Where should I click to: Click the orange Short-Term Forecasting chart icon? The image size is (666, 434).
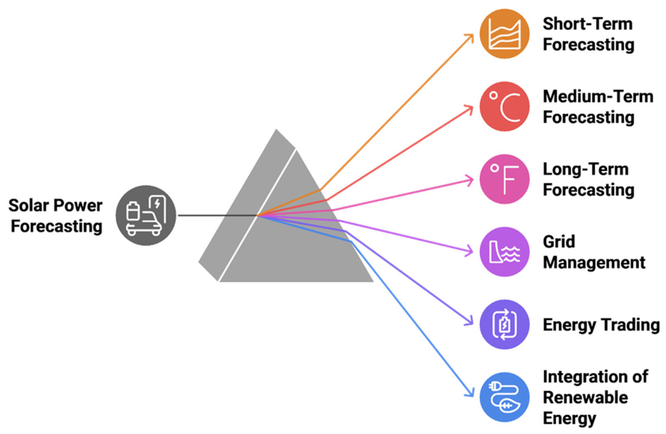tap(505, 34)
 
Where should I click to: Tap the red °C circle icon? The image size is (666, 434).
tap(505, 107)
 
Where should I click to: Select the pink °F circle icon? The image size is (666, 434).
tap(505, 179)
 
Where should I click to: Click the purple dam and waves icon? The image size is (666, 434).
tap(505, 252)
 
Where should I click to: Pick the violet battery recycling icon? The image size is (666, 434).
tap(505, 324)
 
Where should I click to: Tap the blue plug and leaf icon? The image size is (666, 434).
tap(505, 397)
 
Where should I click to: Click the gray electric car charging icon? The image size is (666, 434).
tap(146, 215)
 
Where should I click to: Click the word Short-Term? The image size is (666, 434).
tap(588, 24)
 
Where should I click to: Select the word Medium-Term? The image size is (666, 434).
tap(598, 97)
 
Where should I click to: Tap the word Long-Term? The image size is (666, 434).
tap(586, 169)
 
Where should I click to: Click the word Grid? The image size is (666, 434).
tap(559, 242)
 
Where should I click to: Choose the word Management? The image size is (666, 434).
tap(594, 263)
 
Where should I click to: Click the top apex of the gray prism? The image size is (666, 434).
tap(276, 130)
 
